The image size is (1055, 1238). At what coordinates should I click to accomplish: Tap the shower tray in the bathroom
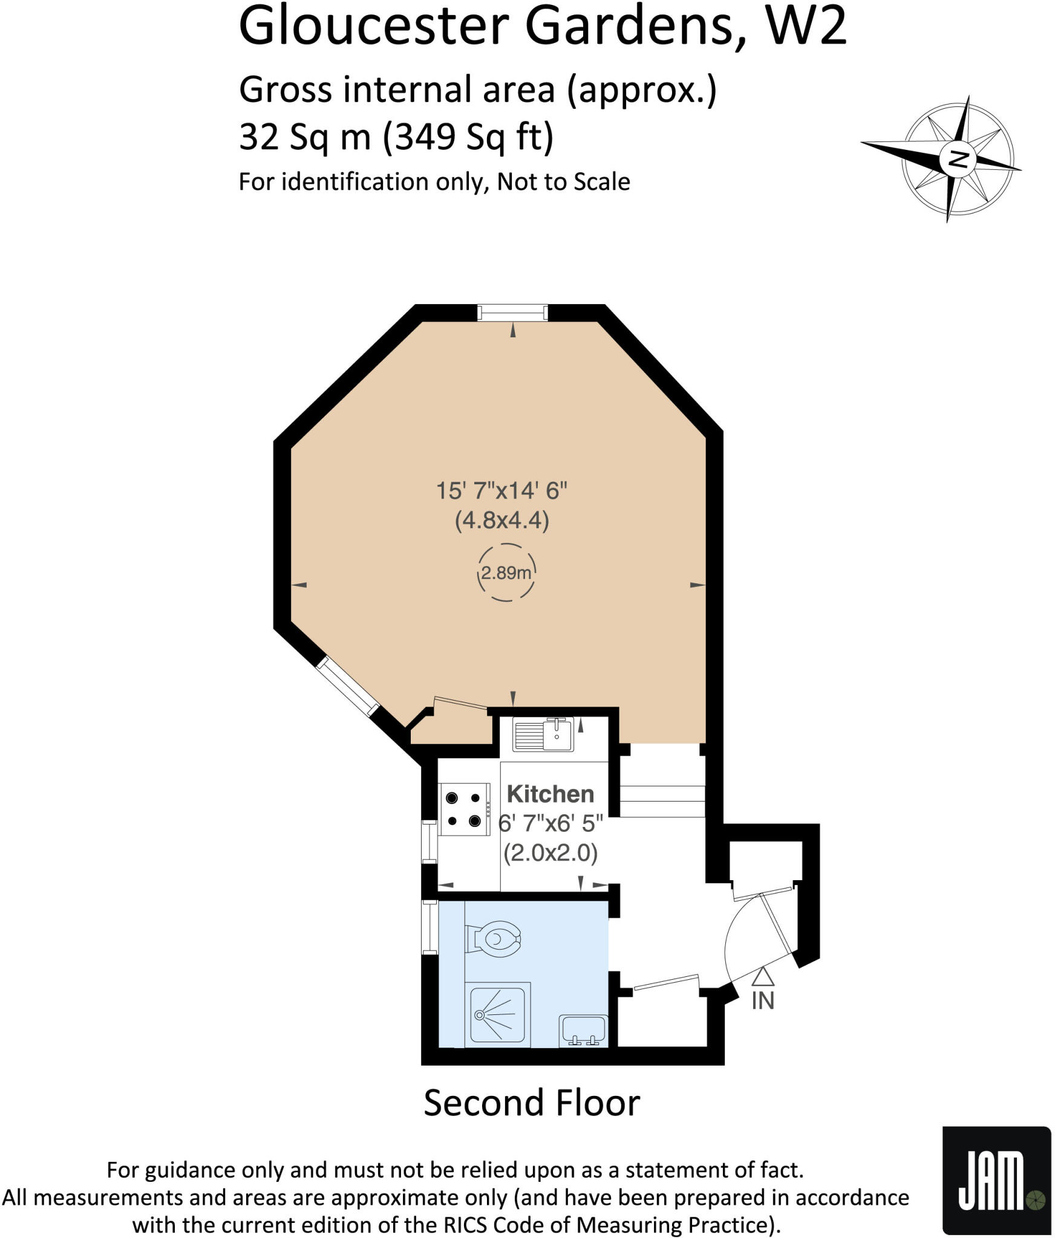498,1014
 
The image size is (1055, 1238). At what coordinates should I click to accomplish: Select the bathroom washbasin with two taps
583,1029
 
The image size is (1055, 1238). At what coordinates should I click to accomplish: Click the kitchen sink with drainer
543,734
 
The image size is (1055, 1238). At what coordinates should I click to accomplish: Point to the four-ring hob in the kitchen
464,809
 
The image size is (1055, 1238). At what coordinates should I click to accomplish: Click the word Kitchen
550,794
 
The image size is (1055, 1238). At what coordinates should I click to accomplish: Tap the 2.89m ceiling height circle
506,572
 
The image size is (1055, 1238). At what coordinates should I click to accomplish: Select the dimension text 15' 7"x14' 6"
501,490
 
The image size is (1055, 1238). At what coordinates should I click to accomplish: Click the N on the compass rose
957,160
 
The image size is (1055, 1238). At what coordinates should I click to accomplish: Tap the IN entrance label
762,1001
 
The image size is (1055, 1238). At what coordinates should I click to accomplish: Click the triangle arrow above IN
763,976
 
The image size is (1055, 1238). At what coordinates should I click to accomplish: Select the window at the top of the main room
512,313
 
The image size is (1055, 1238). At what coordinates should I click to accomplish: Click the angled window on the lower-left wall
347,687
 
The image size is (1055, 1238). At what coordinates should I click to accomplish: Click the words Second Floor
531,1103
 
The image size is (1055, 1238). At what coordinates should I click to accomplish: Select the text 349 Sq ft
469,137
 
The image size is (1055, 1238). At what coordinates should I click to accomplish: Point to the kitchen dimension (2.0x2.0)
550,853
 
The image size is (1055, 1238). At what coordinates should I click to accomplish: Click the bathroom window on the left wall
429,927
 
